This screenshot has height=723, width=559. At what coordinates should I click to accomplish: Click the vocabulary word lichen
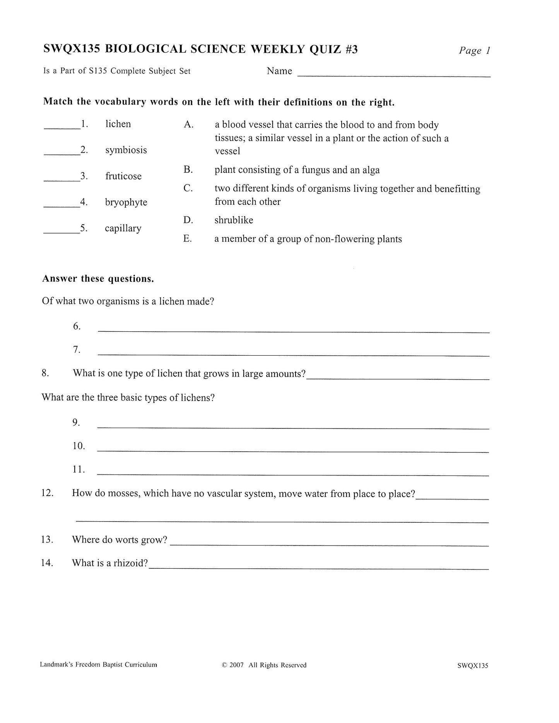(x=118, y=124)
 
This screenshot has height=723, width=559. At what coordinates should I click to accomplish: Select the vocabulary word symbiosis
(x=126, y=150)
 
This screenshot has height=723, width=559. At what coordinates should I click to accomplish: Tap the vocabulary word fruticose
(x=123, y=176)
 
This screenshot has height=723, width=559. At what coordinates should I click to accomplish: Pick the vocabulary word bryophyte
(x=126, y=202)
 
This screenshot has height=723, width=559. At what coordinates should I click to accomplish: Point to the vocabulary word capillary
(x=123, y=228)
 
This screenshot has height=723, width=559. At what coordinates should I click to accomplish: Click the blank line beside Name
(x=393, y=76)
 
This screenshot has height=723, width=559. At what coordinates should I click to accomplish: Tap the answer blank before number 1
(x=62, y=128)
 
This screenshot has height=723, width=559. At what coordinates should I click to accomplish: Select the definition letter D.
(x=188, y=220)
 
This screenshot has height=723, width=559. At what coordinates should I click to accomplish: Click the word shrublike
(x=234, y=220)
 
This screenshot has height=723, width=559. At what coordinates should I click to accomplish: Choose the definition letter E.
(x=188, y=239)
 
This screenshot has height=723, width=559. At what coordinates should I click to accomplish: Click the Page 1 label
(x=474, y=51)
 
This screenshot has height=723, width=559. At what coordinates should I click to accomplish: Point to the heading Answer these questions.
(x=98, y=279)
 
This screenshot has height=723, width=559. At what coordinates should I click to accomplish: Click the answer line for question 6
(x=294, y=331)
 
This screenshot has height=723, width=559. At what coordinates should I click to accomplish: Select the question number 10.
(x=79, y=446)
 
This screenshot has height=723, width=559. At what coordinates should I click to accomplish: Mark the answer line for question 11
(x=293, y=474)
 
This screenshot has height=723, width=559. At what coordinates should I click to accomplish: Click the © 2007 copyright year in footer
(x=233, y=665)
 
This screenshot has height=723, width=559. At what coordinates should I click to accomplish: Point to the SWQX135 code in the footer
(x=472, y=665)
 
